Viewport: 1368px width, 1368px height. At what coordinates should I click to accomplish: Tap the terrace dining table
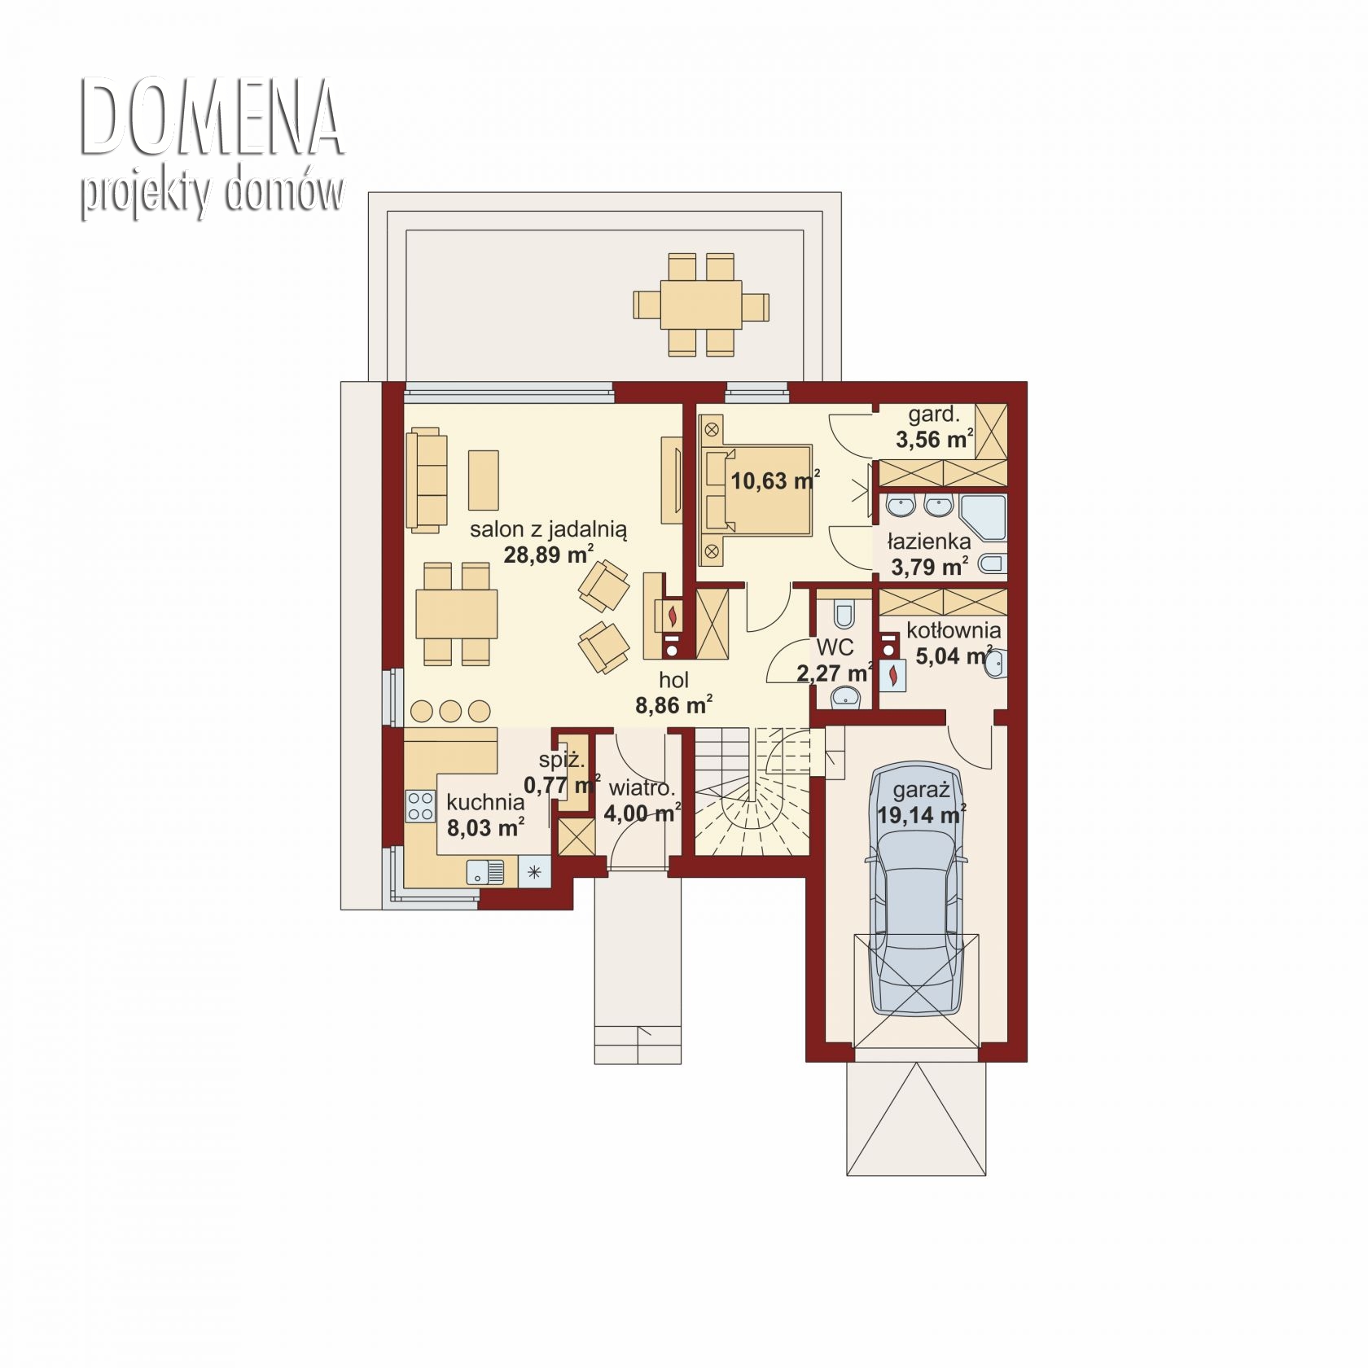pos(701,305)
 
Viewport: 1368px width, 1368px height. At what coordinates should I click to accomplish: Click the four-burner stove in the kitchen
pos(420,806)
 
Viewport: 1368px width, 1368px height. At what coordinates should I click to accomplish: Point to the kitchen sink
pos(485,872)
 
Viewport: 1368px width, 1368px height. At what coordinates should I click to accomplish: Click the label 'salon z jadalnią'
pos(548,529)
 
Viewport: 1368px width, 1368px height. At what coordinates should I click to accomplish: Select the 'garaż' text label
pos(921,791)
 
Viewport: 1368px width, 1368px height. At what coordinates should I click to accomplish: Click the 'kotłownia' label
pos(954,630)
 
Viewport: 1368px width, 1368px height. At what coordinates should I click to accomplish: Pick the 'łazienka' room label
pos(929,541)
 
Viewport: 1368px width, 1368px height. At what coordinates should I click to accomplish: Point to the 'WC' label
pos(835,647)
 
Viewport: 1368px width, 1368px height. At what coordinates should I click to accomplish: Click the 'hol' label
pos(673,680)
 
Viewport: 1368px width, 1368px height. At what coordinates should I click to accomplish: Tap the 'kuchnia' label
pos(485,802)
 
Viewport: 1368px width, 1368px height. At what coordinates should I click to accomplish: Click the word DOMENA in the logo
pos(211,119)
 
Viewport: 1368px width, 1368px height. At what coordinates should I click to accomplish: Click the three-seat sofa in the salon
pos(427,481)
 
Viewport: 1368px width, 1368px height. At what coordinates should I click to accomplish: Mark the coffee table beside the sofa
pos(483,480)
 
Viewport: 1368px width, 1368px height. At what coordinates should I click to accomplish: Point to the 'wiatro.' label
pos(642,788)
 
